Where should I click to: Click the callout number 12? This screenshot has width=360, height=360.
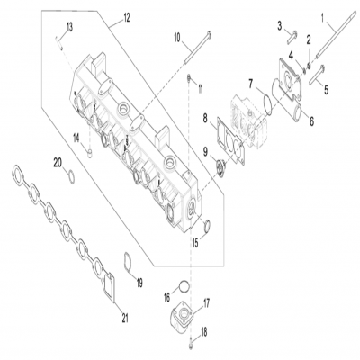(x=126, y=17)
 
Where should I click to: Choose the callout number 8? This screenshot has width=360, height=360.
(x=206, y=117)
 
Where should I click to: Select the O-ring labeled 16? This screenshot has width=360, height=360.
(x=184, y=287)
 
